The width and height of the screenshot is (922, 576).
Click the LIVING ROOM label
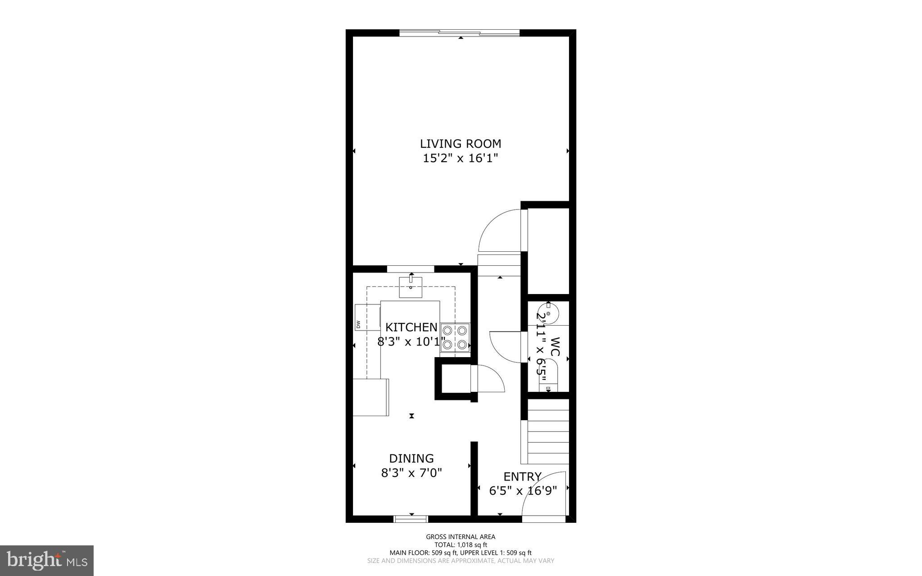(x=460, y=144)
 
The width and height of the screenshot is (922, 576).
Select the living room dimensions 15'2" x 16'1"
(x=460, y=159)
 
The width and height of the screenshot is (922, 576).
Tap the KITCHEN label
(x=411, y=327)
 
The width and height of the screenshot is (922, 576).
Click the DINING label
(x=411, y=458)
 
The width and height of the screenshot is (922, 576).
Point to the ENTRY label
(x=522, y=476)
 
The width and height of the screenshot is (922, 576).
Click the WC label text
(x=555, y=347)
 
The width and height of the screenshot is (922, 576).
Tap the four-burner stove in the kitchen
(x=455, y=337)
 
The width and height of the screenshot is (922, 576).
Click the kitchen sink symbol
(x=411, y=287)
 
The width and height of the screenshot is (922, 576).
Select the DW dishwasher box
(x=367, y=317)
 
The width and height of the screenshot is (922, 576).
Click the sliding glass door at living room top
(x=459, y=33)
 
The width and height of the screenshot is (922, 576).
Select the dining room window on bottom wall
(x=411, y=519)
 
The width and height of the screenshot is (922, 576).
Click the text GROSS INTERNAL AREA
(x=461, y=536)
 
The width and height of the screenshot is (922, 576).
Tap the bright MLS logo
(x=47, y=560)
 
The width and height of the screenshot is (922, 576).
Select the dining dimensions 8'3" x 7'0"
(x=411, y=473)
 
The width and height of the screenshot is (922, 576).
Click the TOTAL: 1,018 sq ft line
(x=461, y=544)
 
